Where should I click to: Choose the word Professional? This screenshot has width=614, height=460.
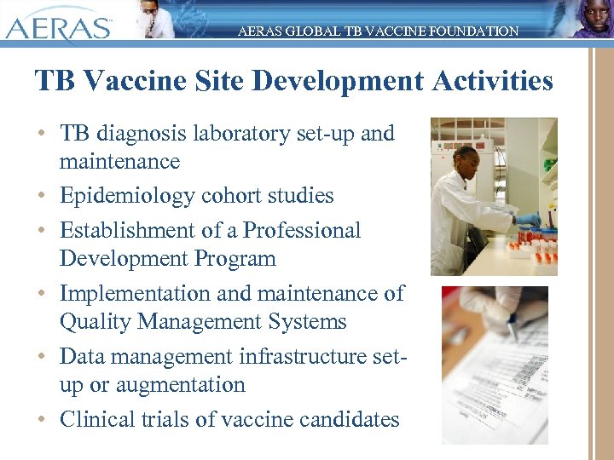click(302, 231)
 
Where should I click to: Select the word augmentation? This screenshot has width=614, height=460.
click(179, 385)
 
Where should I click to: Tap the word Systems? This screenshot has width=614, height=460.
click(307, 322)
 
